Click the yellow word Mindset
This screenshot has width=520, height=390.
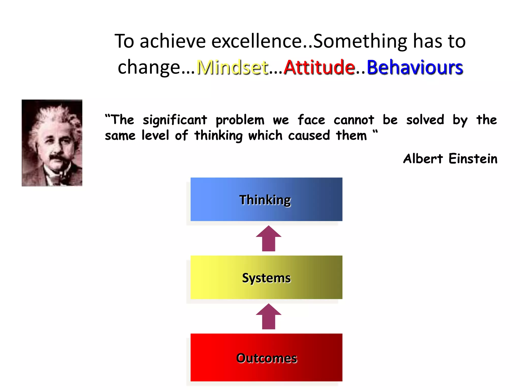[232, 67]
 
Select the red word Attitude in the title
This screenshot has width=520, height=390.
[319, 67]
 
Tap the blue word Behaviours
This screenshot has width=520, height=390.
[415, 67]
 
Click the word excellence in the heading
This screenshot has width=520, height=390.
[256, 41]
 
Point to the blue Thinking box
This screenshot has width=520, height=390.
[266, 199]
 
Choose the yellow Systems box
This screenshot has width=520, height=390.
[266, 277]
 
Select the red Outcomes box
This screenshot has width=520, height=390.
[266, 357]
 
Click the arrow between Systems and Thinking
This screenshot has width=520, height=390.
[269, 238]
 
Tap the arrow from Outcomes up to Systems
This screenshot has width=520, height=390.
[269, 316]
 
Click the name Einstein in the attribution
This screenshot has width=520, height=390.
[473, 159]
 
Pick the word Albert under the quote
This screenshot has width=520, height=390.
[423, 159]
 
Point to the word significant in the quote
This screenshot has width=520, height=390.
[175, 120]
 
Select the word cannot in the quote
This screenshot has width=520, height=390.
[354, 120]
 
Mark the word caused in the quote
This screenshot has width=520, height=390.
[309, 135]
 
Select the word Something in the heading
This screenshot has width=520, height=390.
[360, 41]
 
